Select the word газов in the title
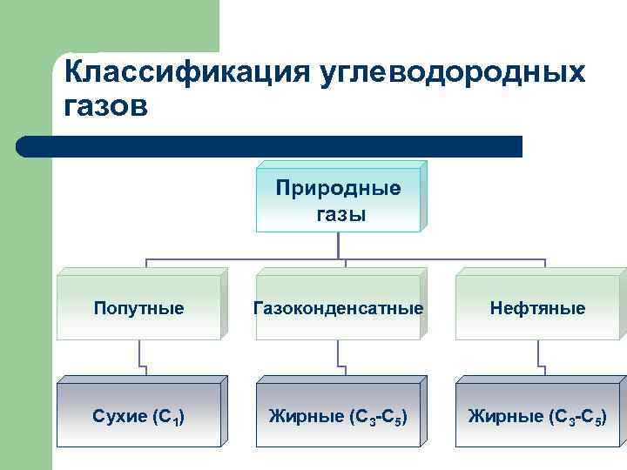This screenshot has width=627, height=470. coord(107,107)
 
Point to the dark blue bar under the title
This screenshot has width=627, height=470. coord(270,146)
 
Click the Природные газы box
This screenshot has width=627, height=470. coord(338,200)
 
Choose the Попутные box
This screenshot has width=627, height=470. coord(139,308)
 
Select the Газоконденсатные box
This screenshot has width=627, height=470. coord(338,308)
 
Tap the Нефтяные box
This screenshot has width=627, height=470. coord(537,308)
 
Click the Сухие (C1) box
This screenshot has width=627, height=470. coord(139,415)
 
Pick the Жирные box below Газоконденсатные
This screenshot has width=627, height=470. coord(338,415)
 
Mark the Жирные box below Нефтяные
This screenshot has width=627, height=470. coord(537,415)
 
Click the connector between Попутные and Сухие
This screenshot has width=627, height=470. coord(140,357)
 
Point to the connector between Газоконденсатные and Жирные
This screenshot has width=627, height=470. coord(339,357)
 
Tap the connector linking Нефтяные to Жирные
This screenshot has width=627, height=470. coord(540,357)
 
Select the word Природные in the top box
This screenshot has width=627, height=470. coord(338,189)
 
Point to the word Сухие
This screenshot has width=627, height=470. coord(120,415)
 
